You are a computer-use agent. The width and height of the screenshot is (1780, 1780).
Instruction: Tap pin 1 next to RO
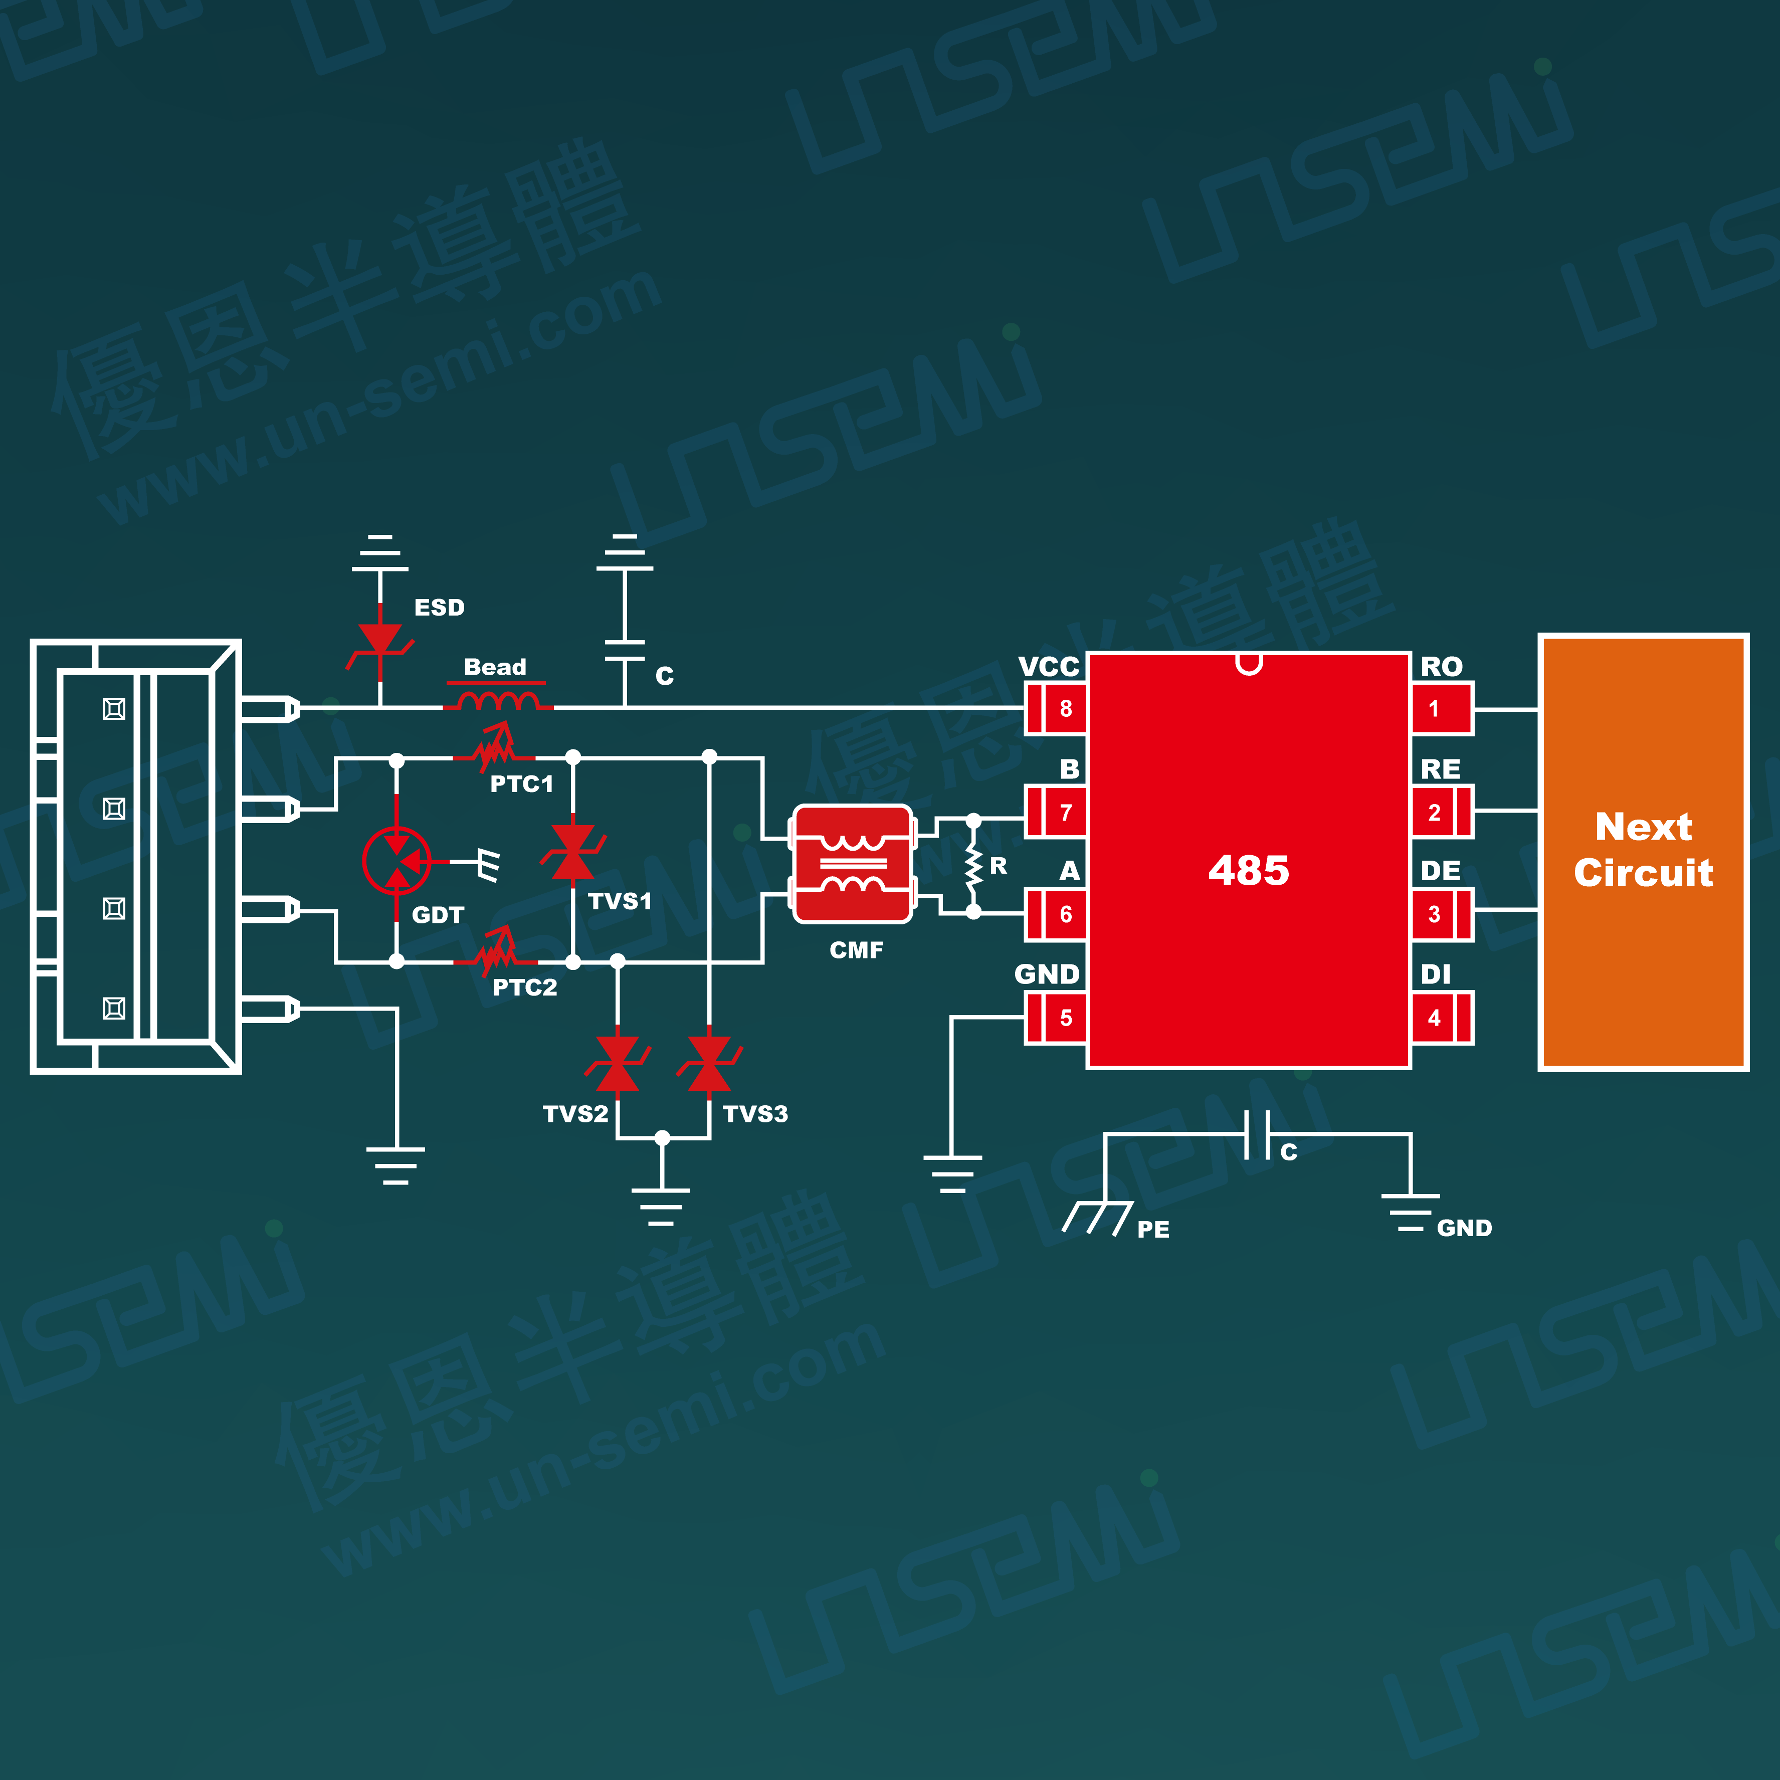click(x=1442, y=708)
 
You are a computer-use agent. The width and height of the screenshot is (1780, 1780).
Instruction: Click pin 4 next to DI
click(x=1442, y=1018)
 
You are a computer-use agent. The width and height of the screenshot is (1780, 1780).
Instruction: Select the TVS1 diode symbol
click(x=572, y=852)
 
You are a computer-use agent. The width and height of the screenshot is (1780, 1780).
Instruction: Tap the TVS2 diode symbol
click(x=617, y=1064)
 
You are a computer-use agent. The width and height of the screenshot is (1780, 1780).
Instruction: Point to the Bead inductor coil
click(x=498, y=703)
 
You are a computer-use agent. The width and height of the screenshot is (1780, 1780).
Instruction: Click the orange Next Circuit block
click(x=1643, y=852)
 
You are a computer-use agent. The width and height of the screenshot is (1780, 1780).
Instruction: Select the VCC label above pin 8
click(x=1049, y=666)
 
